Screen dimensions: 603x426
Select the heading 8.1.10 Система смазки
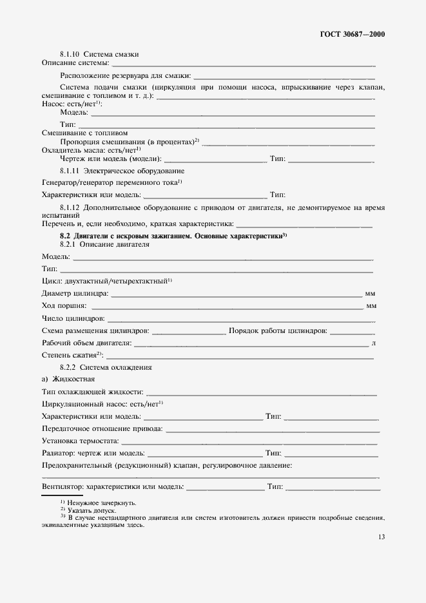tap(99, 53)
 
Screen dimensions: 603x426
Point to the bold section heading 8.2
tap(173, 236)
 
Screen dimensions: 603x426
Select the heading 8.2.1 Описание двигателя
tap(104, 245)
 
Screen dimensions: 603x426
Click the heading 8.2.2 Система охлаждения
tap(106, 367)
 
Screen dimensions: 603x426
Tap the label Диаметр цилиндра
tap(75, 294)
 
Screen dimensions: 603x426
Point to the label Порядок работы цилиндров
tap(278, 330)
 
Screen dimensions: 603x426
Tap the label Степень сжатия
tap(72, 355)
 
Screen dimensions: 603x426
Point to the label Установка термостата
tap(80, 441)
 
